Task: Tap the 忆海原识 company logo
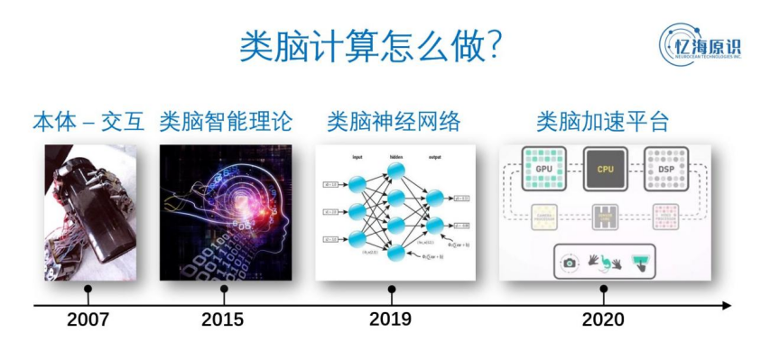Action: click(x=699, y=42)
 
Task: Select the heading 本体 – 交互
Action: click(x=88, y=122)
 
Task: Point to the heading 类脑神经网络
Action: click(x=393, y=122)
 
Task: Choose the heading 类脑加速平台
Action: click(x=603, y=122)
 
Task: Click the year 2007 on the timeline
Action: click(x=88, y=319)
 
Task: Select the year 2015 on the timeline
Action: click(x=223, y=319)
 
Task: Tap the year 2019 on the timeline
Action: click(x=390, y=319)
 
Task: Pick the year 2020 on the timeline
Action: click(x=603, y=319)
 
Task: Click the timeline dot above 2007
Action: click(x=88, y=290)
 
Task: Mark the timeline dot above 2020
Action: click(x=603, y=290)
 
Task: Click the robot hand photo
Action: click(x=88, y=212)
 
